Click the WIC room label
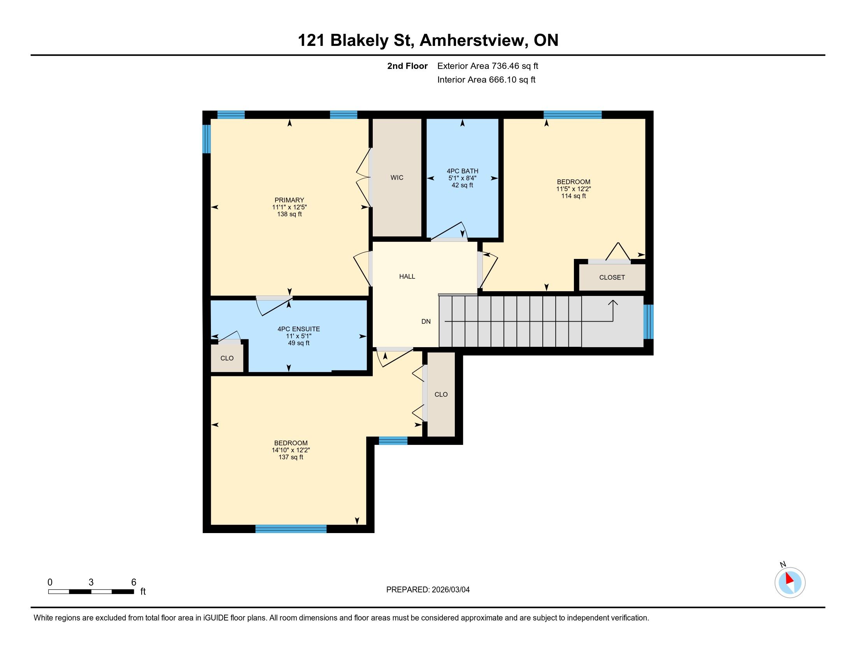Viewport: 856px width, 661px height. coord(396,178)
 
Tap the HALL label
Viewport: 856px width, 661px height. coord(407,276)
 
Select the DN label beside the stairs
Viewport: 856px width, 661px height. coord(426,322)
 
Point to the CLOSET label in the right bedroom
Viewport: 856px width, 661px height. coord(611,277)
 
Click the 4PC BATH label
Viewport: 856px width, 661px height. coord(462,171)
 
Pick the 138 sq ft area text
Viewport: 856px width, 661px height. coord(289,214)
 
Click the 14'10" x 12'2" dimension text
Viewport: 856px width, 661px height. coord(291,450)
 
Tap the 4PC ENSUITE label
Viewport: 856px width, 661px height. coord(299,329)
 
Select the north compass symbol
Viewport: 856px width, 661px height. coord(789,582)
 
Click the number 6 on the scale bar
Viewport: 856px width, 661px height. coord(133,582)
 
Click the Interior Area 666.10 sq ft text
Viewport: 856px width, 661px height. coord(486,80)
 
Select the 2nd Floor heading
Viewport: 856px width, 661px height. coord(407,66)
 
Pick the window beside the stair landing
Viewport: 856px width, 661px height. coord(648,322)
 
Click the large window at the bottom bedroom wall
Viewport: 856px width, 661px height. coord(291,529)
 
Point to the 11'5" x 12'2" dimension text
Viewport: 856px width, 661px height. coord(574,189)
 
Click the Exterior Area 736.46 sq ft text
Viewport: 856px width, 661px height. coord(488,66)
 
